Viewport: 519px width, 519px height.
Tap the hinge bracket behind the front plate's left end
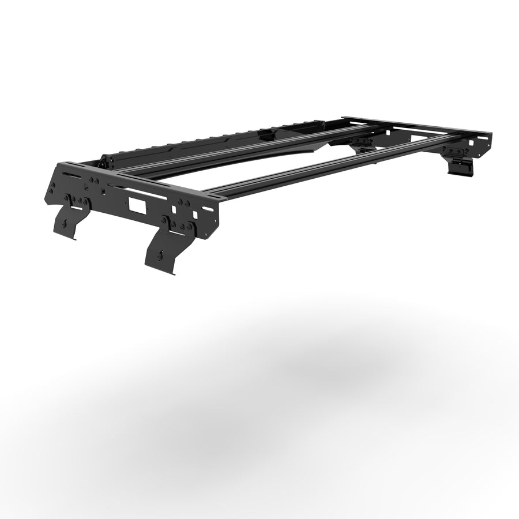click(x=104, y=161)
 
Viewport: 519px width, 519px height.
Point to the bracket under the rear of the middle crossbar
click(x=360, y=142)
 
